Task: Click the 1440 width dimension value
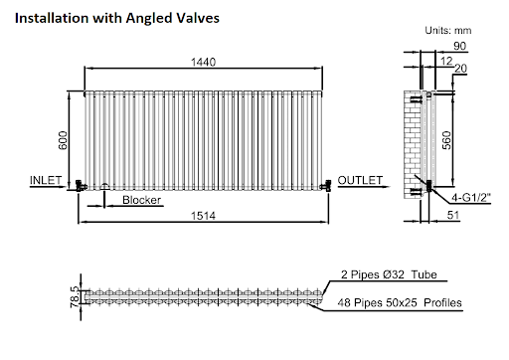point(203,62)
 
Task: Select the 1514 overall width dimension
point(203,216)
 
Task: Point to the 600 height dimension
point(63,140)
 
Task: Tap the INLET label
point(46,180)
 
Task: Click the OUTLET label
point(360,180)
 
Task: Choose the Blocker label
point(141,200)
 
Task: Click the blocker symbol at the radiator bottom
point(104,187)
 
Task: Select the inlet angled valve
point(81,186)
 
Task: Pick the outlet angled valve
point(326,186)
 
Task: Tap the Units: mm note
point(448,31)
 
